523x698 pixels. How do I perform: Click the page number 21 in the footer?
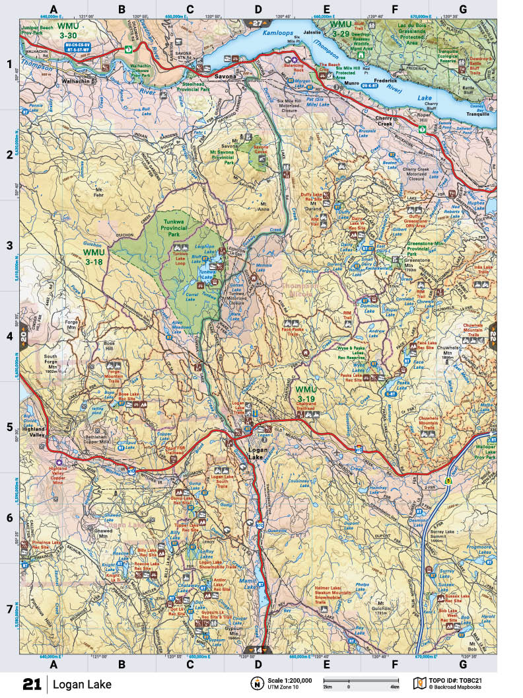32,683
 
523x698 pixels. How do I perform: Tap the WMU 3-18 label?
94,256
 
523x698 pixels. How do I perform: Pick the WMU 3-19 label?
307,395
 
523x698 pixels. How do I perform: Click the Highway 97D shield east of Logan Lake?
359,449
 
